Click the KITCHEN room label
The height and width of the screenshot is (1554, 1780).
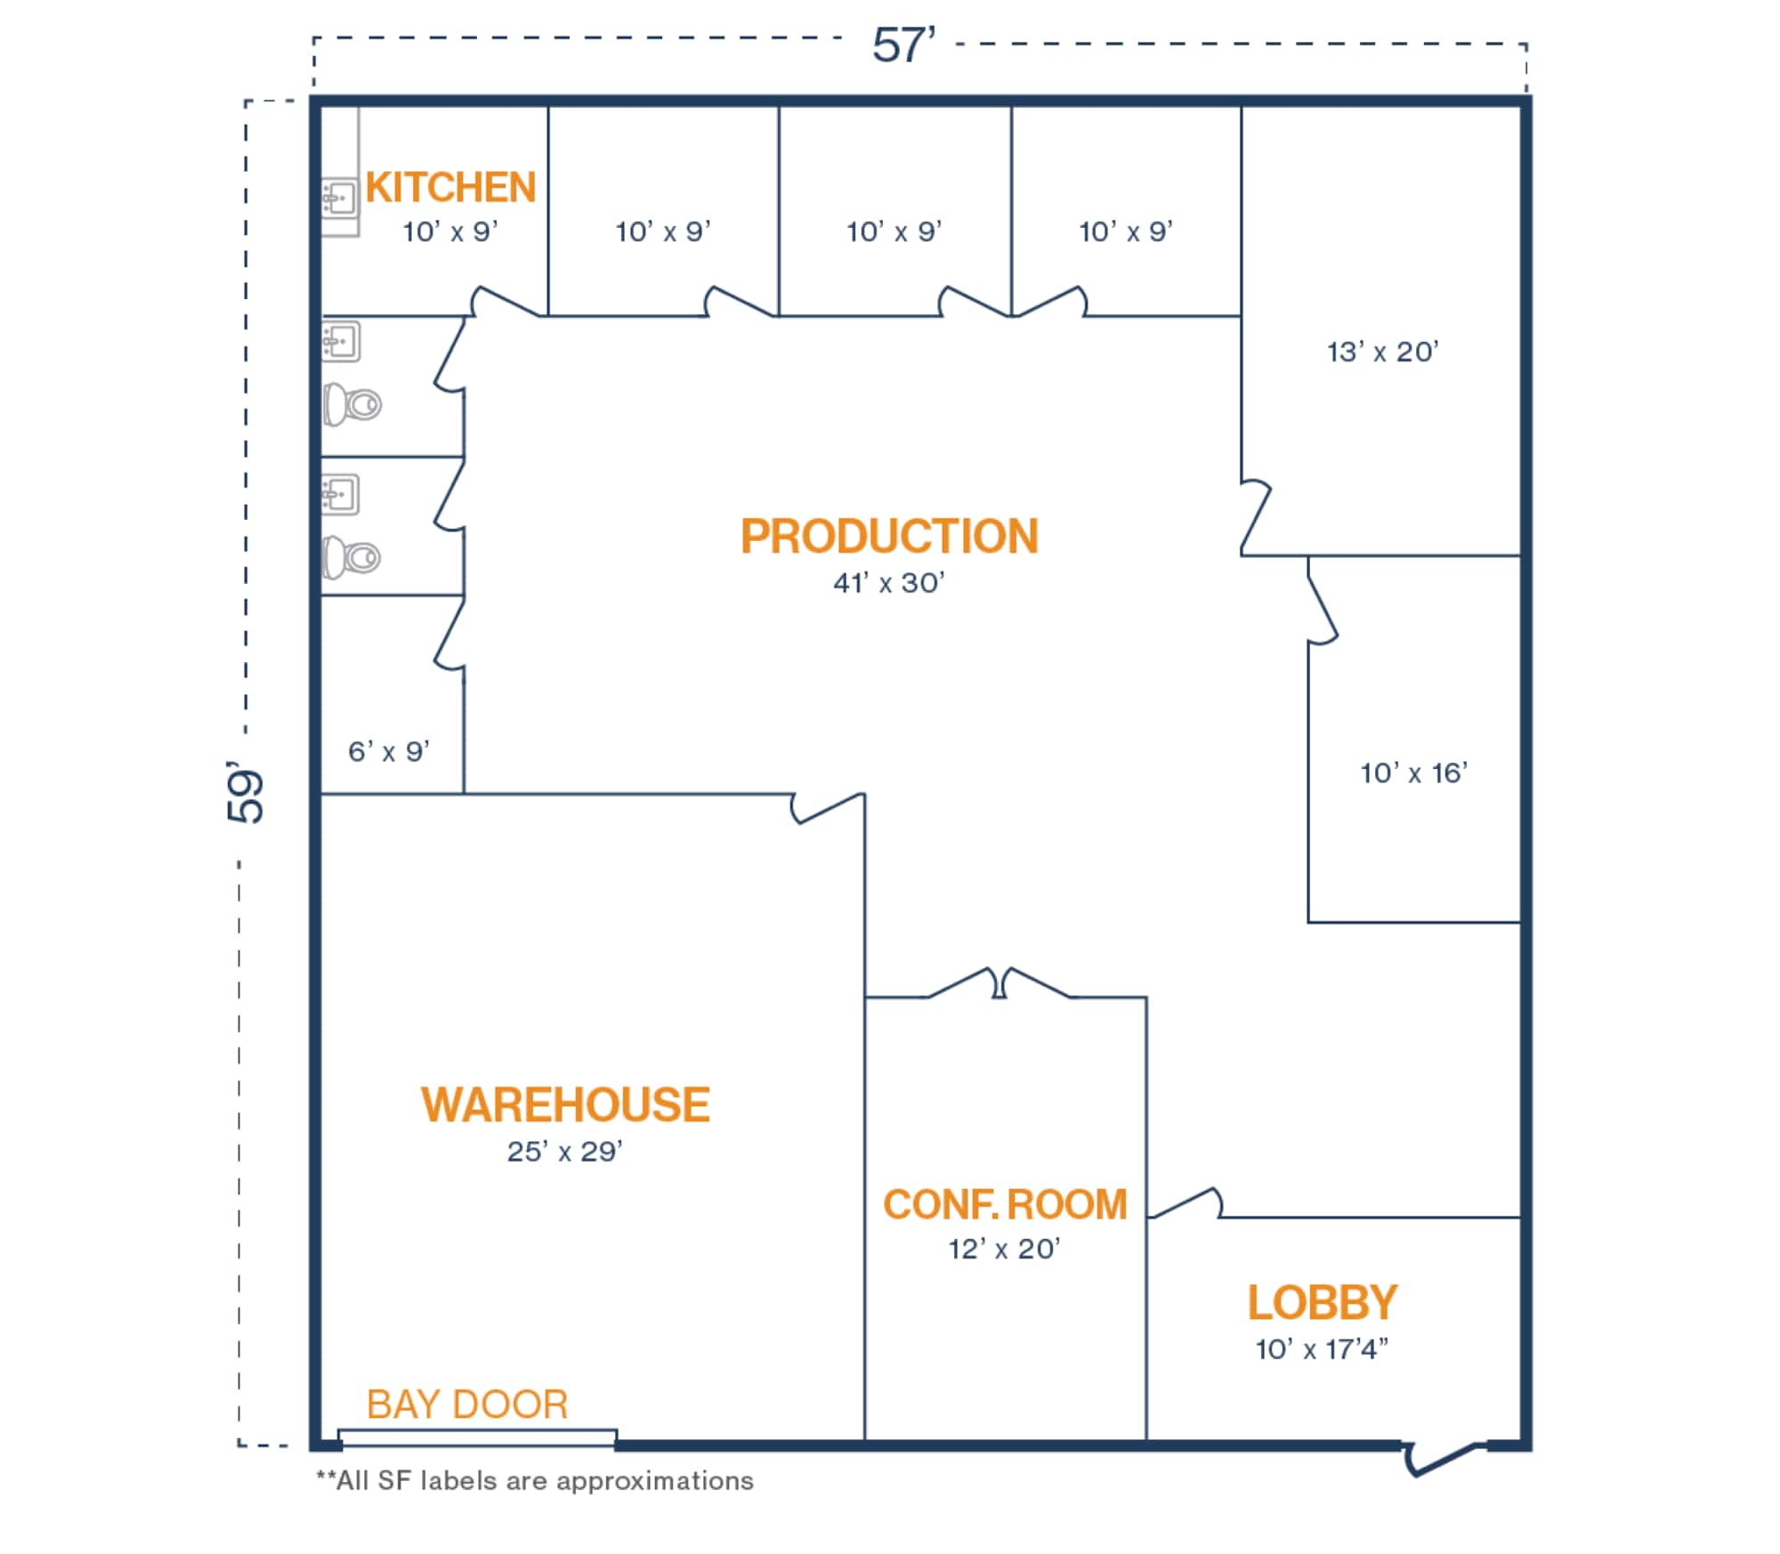click(x=450, y=188)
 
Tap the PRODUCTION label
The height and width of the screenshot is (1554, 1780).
click(x=889, y=537)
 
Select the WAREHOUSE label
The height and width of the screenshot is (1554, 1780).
click(x=565, y=1105)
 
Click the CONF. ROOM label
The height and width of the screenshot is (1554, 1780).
click(x=1005, y=1205)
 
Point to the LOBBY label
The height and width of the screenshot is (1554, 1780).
click(x=1322, y=1303)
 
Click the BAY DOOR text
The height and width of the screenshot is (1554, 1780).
click(x=467, y=1405)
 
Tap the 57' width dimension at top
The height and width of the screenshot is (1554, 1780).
click(x=902, y=45)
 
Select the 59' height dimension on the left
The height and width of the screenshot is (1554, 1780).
click(x=246, y=792)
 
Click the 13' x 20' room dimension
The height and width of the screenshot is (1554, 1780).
click(x=1382, y=352)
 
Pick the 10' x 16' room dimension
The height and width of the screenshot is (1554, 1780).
click(x=1413, y=773)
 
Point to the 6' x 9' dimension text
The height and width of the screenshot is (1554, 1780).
click(x=389, y=752)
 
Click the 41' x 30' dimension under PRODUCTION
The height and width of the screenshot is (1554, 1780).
click(x=888, y=584)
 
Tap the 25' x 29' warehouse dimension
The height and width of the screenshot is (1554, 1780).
click(x=564, y=1152)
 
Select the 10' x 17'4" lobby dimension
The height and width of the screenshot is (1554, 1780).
click(x=1322, y=1350)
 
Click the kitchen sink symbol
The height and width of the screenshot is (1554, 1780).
click(x=339, y=197)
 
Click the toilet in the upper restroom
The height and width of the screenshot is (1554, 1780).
click(x=352, y=405)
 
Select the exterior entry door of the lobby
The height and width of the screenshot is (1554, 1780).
click(x=1444, y=1460)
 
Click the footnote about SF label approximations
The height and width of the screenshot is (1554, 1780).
click(x=535, y=1481)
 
